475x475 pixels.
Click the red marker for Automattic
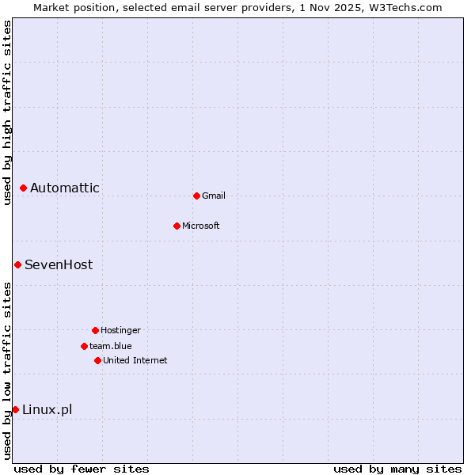(x=24, y=188)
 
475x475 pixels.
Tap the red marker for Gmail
(x=196, y=196)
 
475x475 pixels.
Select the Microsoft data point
(x=177, y=226)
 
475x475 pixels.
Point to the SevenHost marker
(x=17, y=264)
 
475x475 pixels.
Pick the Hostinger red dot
(x=95, y=330)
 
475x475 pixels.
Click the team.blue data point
(x=84, y=346)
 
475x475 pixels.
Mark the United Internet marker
(x=97, y=360)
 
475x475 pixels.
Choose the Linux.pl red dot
(x=15, y=409)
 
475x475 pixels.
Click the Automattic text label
(x=65, y=188)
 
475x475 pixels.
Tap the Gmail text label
(x=214, y=196)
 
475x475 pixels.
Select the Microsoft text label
(x=201, y=226)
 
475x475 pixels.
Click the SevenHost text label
(x=59, y=264)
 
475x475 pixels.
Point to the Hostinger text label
(x=120, y=330)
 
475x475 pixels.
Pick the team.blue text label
(x=111, y=346)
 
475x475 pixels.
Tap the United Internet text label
(x=135, y=360)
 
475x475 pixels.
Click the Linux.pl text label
(x=47, y=409)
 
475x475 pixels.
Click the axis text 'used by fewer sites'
(x=82, y=469)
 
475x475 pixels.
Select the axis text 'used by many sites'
(x=397, y=469)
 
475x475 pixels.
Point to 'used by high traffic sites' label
(x=7, y=112)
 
